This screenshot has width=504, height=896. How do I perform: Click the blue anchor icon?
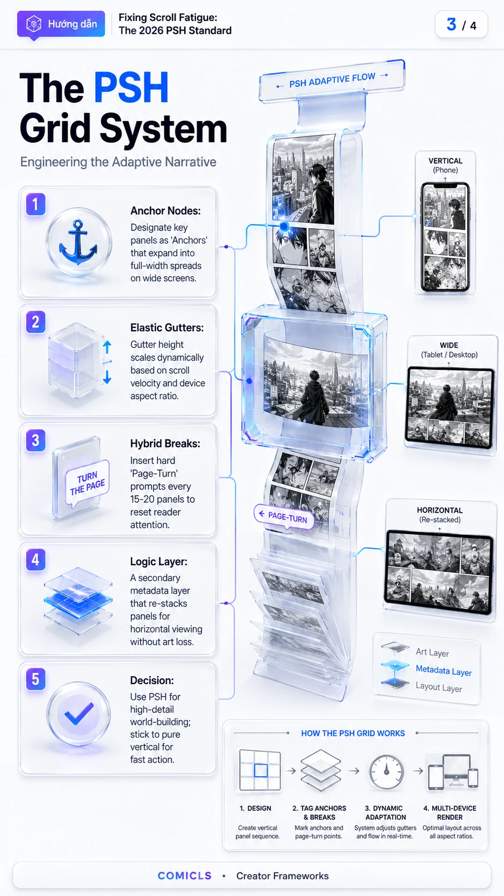coord(78,242)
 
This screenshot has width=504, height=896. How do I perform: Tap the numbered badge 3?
coord(35,440)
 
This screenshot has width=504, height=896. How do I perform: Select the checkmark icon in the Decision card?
coord(79,714)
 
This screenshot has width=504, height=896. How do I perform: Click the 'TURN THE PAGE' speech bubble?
coord(87,483)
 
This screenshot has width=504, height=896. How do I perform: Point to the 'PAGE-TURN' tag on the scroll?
coord(284,517)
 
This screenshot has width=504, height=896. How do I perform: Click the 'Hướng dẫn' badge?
coord(61,24)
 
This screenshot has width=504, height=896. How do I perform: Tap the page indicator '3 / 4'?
coord(461,25)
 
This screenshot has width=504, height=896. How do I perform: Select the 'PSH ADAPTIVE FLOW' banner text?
coord(332,80)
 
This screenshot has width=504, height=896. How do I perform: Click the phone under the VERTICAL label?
coord(445,237)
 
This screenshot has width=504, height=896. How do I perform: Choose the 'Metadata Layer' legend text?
coord(443,670)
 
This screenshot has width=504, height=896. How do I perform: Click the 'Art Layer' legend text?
coord(432,652)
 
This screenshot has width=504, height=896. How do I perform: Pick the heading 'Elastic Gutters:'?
coord(167,327)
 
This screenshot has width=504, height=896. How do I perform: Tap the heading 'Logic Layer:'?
coord(159,562)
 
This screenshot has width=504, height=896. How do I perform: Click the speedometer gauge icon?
coord(386,772)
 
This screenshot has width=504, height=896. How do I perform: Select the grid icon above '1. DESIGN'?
coord(260,771)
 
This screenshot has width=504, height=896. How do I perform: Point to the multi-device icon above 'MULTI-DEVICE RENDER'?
coord(453,772)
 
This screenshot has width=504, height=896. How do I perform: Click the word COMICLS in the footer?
coord(185,876)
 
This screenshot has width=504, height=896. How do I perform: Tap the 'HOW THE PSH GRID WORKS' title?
coord(353,733)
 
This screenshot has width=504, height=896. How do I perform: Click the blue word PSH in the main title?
coord(131,88)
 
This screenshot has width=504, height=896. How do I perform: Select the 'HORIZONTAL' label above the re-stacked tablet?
coord(440,510)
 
